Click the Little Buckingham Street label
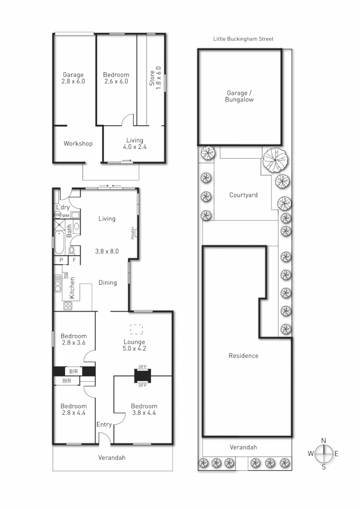(243, 39)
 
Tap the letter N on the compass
(324, 441)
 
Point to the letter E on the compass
(336, 454)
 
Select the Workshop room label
(78, 144)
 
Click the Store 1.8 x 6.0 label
(155, 76)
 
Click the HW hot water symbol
(58, 215)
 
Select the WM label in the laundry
(66, 215)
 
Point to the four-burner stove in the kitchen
(68, 305)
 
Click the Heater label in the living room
(133, 232)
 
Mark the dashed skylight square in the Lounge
(136, 328)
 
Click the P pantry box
(61, 260)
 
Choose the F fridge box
(74, 260)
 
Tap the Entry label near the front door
(104, 425)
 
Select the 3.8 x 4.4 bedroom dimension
(144, 413)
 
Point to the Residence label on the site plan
(243, 355)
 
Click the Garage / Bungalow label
(240, 97)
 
